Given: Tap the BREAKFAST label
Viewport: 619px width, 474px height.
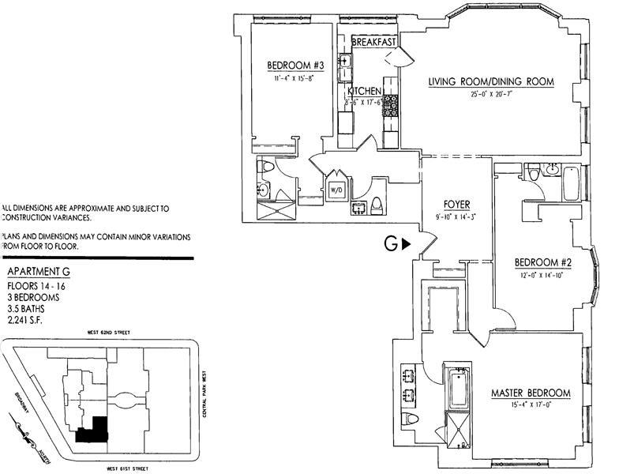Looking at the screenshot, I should (x=372, y=42).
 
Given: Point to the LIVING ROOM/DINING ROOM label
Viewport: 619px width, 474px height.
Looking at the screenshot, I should (x=491, y=81).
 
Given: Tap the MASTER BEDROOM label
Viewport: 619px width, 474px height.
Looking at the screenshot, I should (x=530, y=393).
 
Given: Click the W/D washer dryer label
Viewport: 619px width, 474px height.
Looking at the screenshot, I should (x=335, y=190).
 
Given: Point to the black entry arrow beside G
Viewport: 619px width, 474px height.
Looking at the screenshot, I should (x=406, y=245).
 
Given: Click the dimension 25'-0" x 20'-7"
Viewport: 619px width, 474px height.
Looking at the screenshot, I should (x=491, y=94).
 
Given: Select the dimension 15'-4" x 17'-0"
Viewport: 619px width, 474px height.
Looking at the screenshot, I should (x=530, y=406).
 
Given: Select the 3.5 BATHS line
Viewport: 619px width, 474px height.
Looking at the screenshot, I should (x=27, y=310).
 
